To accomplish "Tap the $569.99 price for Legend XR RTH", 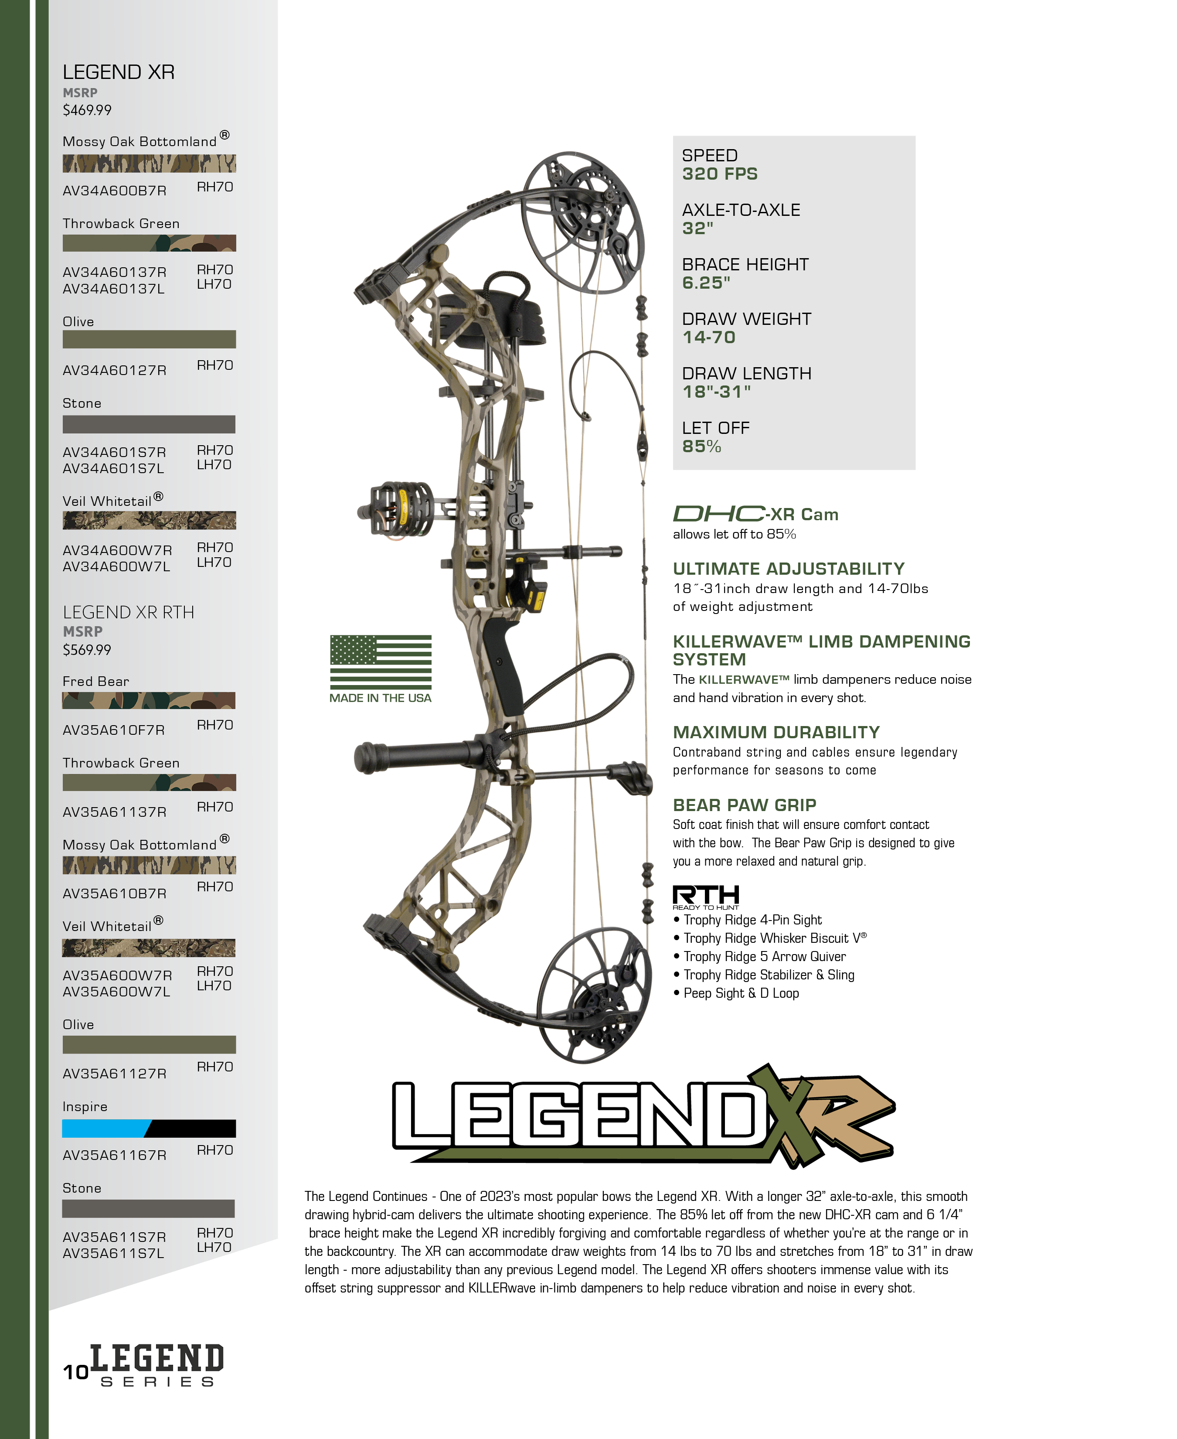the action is pos(87,650).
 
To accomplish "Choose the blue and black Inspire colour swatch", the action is pos(149,1129).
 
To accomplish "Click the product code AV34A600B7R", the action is pos(115,191).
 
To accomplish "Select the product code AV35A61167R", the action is pos(115,1155).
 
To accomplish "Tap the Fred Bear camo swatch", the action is pos(149,700).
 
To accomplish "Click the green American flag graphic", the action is pos(381,662).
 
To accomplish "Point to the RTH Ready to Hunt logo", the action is pos(706,897).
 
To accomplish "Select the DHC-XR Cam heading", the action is pos(755,514).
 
